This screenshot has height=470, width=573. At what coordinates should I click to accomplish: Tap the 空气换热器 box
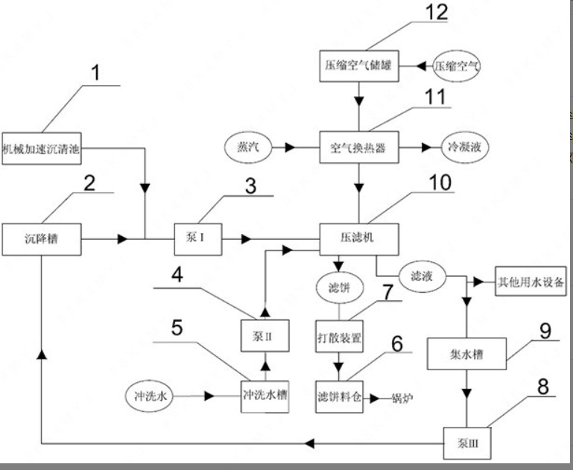tap(361, 147)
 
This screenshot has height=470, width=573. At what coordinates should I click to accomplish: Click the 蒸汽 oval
tap(243, 147)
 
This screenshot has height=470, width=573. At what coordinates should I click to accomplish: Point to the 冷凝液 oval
tap(464, 147)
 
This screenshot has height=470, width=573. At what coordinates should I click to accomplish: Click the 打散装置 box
tap(339, 337)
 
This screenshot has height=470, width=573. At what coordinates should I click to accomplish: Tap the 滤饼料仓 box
tap(340, 396)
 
